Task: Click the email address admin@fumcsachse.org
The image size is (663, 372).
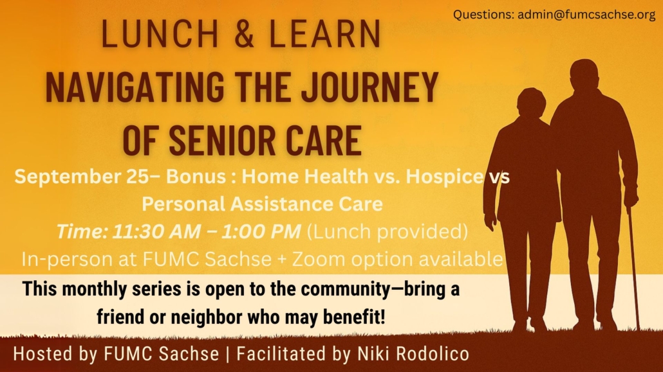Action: coord(586,14)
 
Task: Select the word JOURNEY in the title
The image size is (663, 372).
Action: coord(369,87)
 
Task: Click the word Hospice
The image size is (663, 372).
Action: coord(444,177)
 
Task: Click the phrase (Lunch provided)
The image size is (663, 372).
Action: coord(388,231)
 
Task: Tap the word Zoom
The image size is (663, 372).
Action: coord(319,259)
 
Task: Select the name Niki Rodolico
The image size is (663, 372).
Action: coord(413,354)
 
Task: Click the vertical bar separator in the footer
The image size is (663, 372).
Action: coord(228,354)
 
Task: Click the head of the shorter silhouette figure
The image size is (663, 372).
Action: coord(531,103)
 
